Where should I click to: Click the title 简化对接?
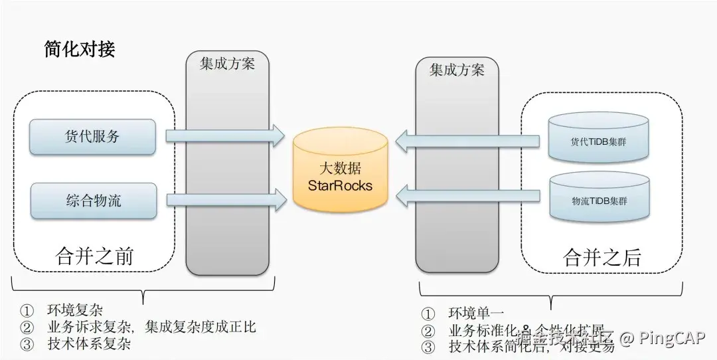point(79,49)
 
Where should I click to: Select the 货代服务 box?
point(92,137)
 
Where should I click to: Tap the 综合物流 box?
point(93,201)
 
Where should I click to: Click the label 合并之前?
point(94,255)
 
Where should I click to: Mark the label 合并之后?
point(601,257)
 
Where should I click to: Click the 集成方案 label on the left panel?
point(227,65)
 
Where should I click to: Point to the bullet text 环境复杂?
point(74,310)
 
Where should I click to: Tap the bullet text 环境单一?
point(476,313)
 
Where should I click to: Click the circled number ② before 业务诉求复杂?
point(27,327)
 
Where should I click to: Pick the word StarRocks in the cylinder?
point(340,185)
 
